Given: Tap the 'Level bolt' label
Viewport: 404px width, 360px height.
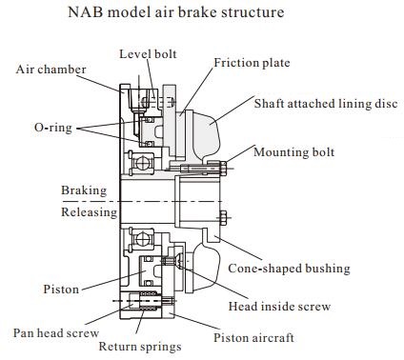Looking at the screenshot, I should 147,54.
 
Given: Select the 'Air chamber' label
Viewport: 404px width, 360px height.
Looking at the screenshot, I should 50,70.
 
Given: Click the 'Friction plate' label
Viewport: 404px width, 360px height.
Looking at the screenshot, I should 252,63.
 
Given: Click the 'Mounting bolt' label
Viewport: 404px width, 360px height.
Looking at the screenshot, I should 307,151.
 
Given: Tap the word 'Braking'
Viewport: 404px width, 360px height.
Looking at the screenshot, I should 84,190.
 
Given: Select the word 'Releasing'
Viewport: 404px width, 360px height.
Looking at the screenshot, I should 89,212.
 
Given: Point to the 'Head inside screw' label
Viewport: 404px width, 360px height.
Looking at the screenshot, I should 283,306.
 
